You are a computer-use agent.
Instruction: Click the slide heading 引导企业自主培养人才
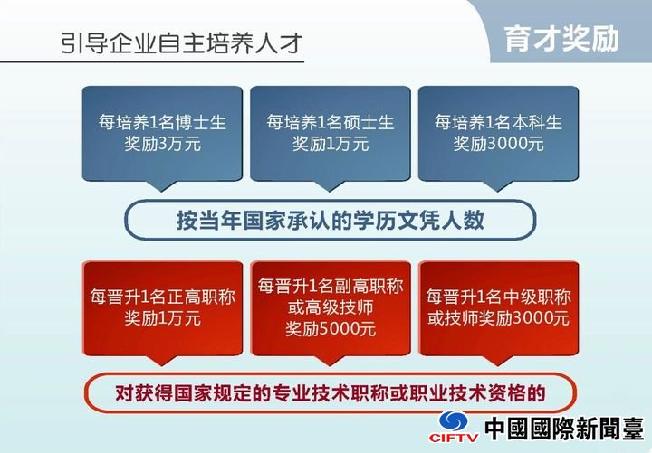[x=181, y=43]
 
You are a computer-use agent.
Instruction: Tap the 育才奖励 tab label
[x=561, y=40]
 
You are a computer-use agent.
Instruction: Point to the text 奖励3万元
[x=163, y=144]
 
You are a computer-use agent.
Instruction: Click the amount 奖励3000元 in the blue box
[x=498, y=144]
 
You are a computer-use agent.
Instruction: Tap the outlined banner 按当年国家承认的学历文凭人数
[x=331, y=220]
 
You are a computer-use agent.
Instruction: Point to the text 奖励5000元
[x=331, y=329]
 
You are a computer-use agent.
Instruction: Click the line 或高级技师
[x=331, y=307]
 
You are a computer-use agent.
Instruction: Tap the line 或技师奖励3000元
[x=499, y=318]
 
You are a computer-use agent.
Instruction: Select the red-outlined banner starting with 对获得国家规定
[x=331, y=392]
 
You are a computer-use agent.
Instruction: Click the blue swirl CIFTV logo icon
[x=454, y=421]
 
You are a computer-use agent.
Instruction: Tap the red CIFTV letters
[x=454, y=438]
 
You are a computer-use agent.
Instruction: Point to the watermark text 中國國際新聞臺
[x=564, y=428]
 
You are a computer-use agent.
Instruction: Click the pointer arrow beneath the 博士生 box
[x=161, y=186]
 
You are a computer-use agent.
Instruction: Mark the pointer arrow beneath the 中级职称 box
[x=497, y=361]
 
